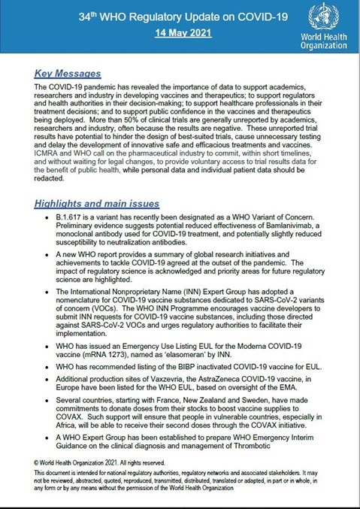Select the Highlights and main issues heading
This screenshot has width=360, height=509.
96,204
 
